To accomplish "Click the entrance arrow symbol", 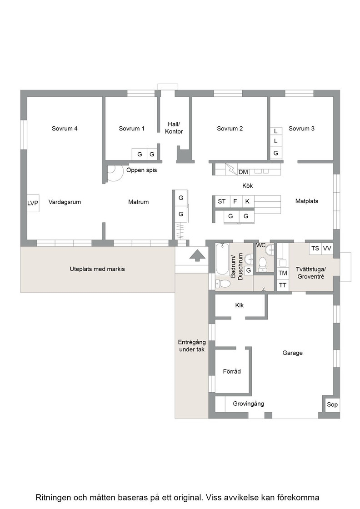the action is (197, 255).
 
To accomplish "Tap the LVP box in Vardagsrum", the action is (33, 203).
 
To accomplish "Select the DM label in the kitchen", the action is (243, 172).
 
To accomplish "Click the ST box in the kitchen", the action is (222, 202).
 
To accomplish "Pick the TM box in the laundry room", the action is (283, 273).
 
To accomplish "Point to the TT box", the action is (283, 285).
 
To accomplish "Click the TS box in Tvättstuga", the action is (315, 248).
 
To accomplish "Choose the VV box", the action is (327, 248).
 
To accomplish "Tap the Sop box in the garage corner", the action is (332, 404).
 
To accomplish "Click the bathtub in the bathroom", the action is (222, 259).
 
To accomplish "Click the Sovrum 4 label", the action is (65, 129).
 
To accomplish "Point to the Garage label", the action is (292, 353).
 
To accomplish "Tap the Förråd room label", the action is (232, 371).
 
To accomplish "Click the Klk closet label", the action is (240, 305).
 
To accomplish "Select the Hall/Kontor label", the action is (174, 128).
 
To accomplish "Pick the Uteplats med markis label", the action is (97, 269).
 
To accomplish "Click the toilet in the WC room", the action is (262, 264).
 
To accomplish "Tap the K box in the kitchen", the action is (247, 202).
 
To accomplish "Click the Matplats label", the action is (307, 201).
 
